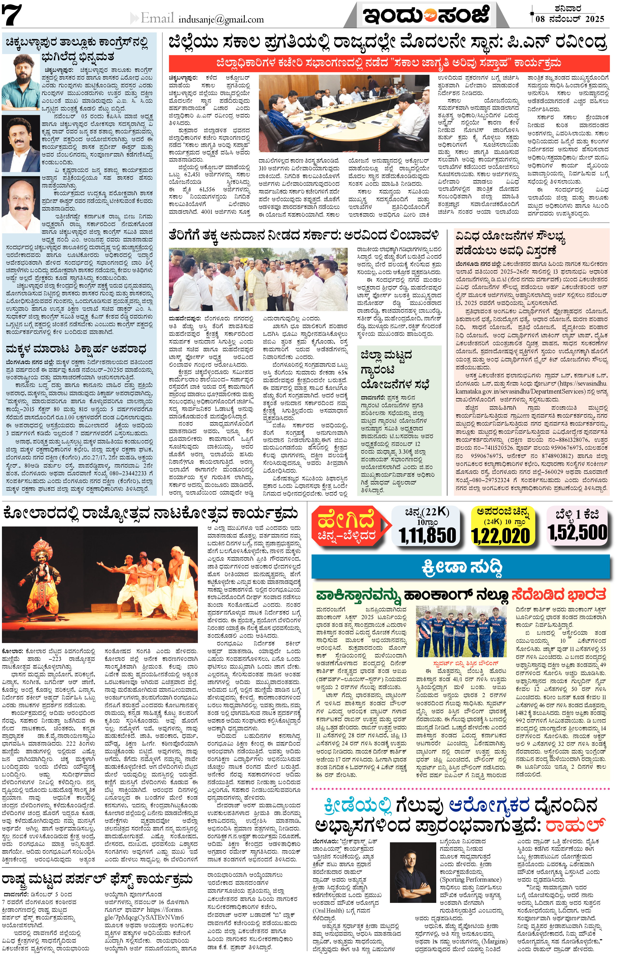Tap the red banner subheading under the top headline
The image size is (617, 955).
(x=389, y=63)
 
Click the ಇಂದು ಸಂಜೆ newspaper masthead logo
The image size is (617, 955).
(x=426, y=15)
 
